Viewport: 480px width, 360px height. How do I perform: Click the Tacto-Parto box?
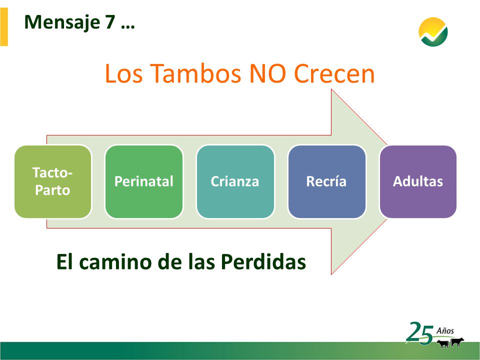point(52,181)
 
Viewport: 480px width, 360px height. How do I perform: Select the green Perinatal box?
point(144,181)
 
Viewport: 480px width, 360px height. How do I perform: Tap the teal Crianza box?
point(235,181)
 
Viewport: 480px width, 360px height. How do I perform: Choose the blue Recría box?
point(326,181)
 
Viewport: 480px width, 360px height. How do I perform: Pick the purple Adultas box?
point(418,181)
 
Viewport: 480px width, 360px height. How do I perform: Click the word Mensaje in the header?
point(62,22)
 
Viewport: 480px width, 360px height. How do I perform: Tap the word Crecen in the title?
point(334,73)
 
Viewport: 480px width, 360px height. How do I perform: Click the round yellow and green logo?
point(433,32)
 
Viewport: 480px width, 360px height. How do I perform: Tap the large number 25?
point(420,333)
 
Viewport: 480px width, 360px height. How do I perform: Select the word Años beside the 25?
point(445,330)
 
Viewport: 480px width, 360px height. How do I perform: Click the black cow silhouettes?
point(450,342)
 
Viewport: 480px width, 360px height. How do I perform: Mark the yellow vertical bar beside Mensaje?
point(4,26)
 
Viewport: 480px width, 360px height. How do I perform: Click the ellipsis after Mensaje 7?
point(128,27)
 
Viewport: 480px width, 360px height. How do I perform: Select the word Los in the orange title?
point(123,73)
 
